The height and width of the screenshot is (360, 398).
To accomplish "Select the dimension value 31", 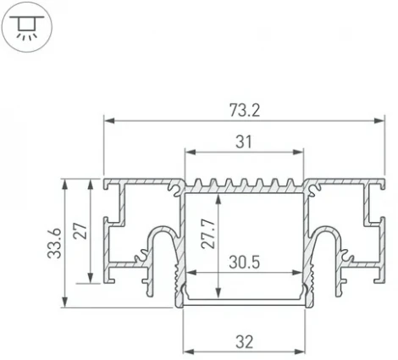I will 244,141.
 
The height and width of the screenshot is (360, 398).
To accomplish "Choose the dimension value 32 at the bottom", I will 244,341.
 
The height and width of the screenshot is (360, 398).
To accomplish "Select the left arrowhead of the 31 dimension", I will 189,154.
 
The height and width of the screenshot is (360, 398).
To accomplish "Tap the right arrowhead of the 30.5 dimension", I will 300,274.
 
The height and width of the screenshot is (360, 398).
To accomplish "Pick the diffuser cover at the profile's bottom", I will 244,302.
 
